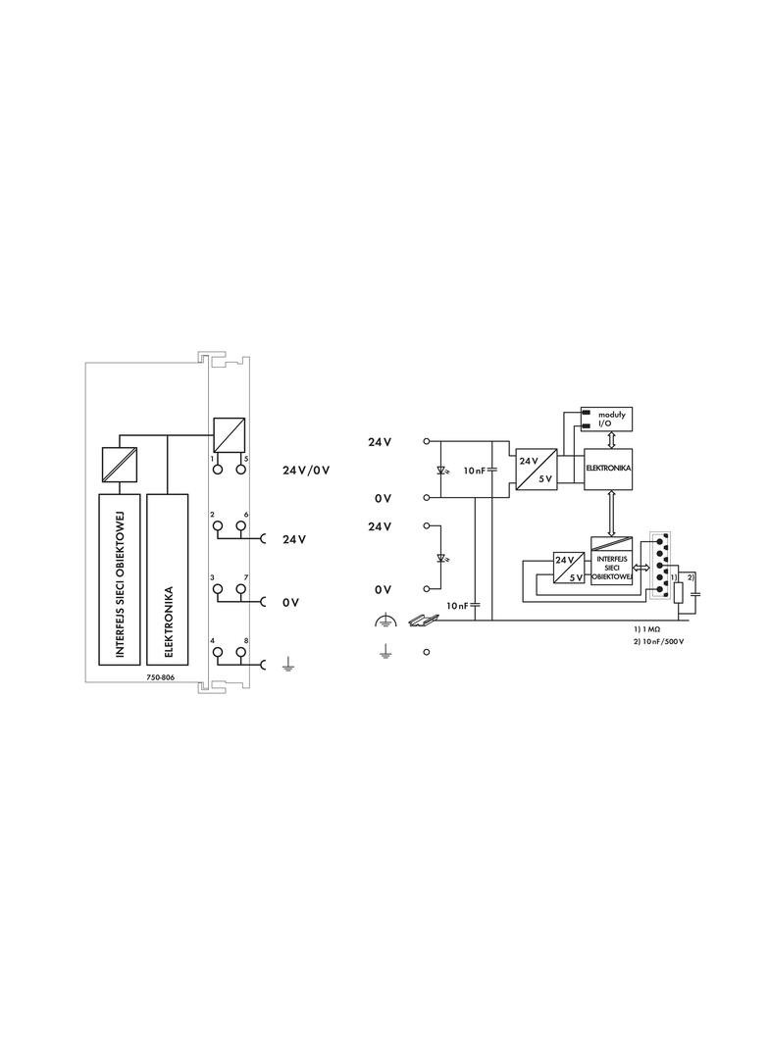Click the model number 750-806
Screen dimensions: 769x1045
click(160, 677)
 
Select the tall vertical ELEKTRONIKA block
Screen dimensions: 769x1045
click(167, 579)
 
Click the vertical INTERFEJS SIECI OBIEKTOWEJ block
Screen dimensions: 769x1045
click(120, 579)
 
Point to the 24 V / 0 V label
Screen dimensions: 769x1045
click(305, 470)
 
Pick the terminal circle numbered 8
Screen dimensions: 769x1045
click(240, 653)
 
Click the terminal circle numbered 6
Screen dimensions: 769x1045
click(240, 526)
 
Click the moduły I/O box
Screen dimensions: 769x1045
click(607, 420)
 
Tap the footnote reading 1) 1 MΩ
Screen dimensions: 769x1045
click(646, 628)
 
